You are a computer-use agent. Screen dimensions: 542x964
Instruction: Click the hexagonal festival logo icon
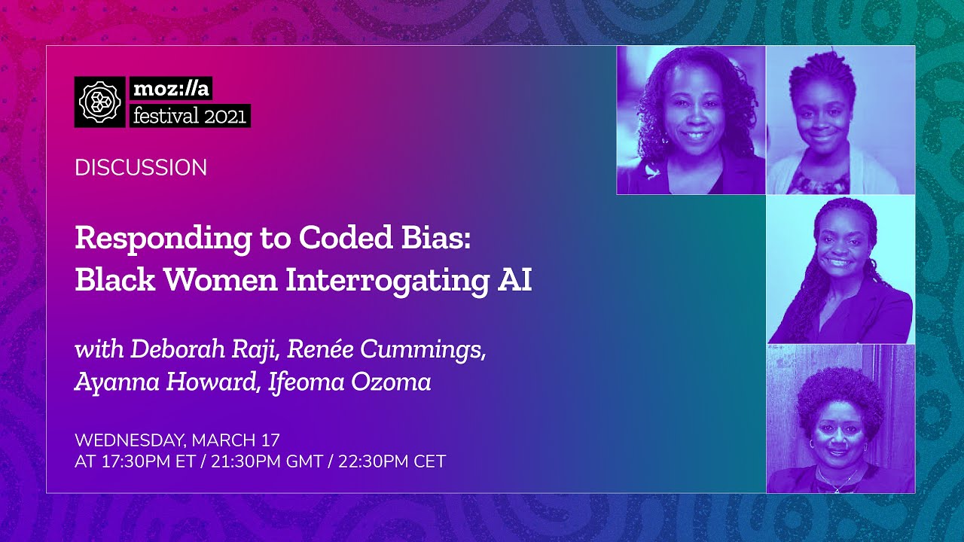(x=100, y=102)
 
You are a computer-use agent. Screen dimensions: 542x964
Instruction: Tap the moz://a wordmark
(x=171, y=89)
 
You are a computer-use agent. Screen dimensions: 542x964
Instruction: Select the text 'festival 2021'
(x=189, y=116)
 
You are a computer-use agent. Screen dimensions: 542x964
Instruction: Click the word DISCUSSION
(x=141, y=168)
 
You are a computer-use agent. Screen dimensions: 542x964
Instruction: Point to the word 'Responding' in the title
(x=146, y=239)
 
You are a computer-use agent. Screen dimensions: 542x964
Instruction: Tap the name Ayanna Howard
(x=164, y=382)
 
